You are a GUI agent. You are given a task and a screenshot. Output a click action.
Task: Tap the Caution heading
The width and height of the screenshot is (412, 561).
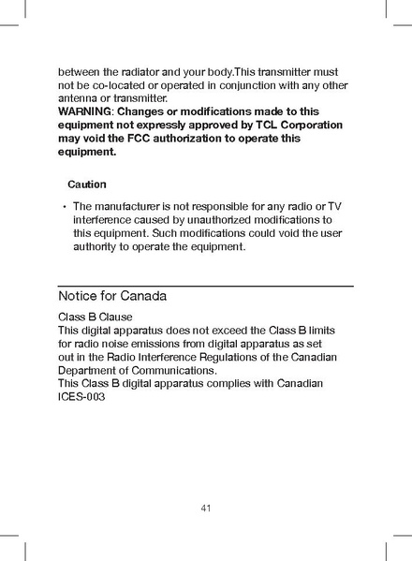click(87, 185)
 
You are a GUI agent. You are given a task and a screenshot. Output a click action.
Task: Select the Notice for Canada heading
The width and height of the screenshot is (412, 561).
click(112, 296)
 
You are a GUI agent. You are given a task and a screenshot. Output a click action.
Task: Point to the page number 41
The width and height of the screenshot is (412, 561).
click(205, 508)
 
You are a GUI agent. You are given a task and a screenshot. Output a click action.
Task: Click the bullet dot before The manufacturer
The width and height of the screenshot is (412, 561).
click(63, 206)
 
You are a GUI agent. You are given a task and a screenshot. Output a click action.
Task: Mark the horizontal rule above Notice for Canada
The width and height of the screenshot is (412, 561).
click(205, 284)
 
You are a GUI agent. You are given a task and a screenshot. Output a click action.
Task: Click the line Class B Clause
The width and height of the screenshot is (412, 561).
click(96, 317)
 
